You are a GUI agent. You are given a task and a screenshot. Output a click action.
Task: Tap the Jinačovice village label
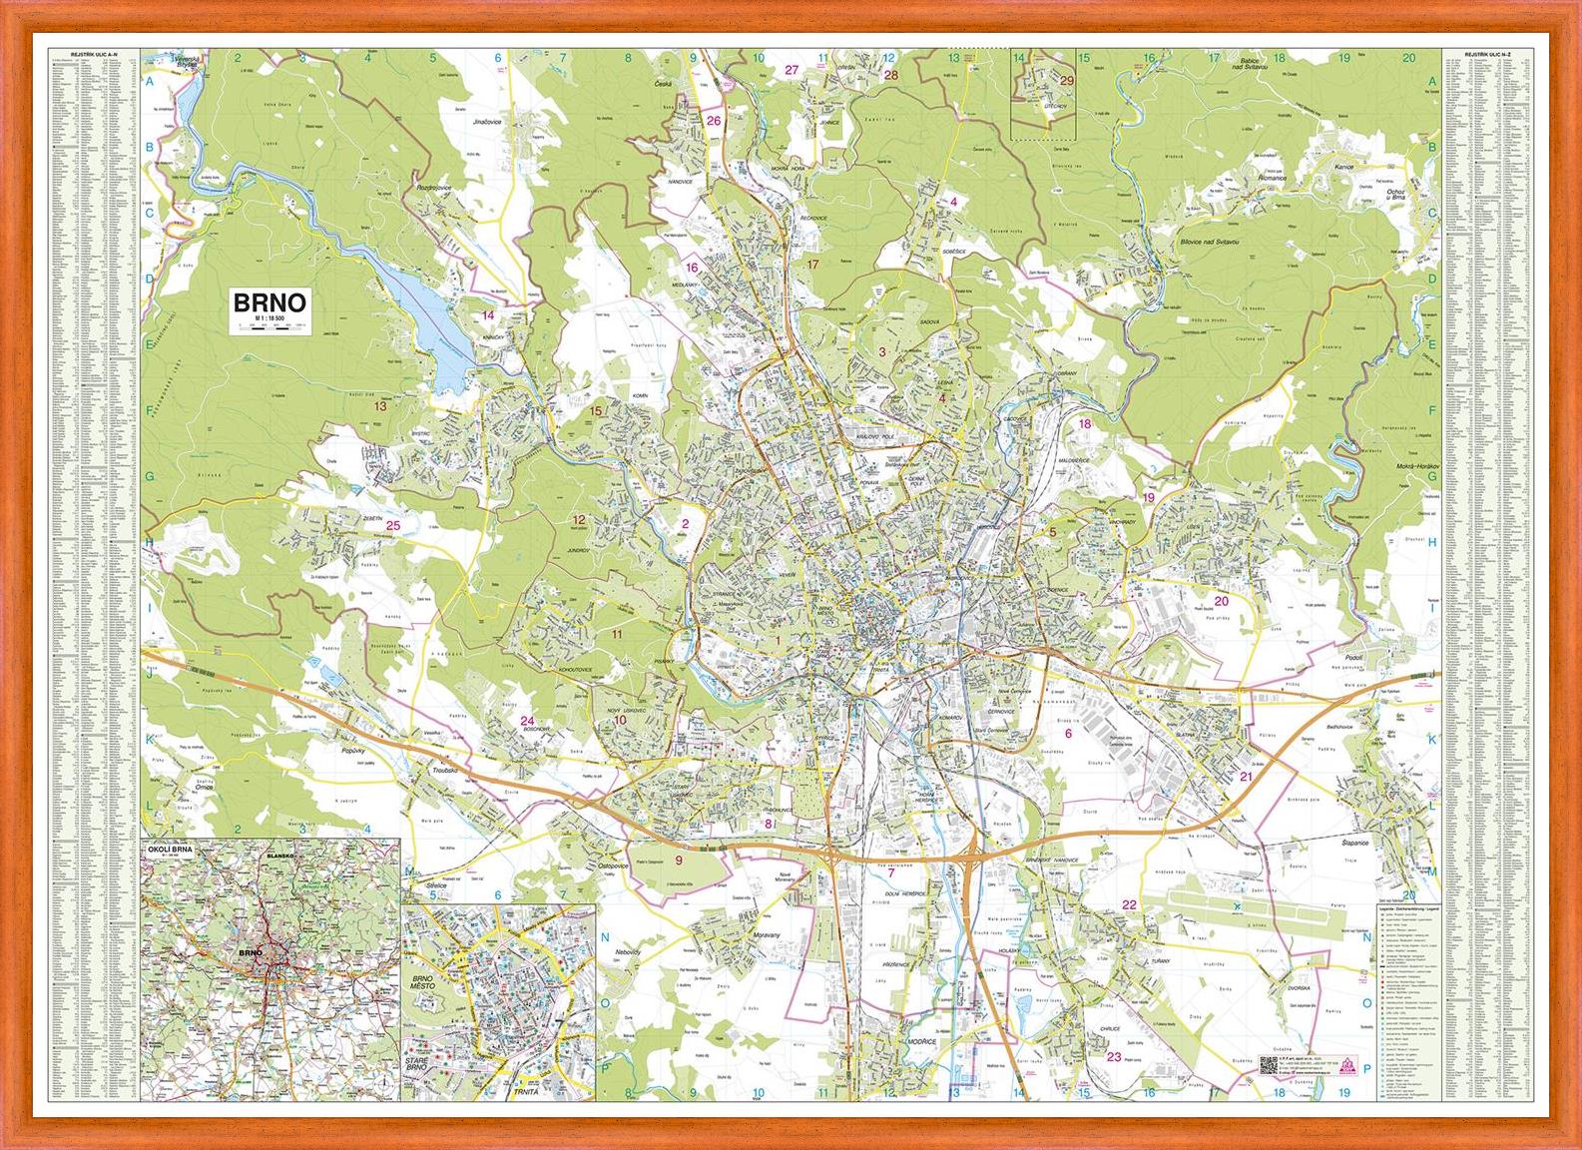point(486,120)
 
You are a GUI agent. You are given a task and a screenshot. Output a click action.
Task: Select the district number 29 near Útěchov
point(1066,81)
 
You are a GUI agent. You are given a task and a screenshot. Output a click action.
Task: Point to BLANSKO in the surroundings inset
point(282,857)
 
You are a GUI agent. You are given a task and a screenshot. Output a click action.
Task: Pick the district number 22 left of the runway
point(1129,904)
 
